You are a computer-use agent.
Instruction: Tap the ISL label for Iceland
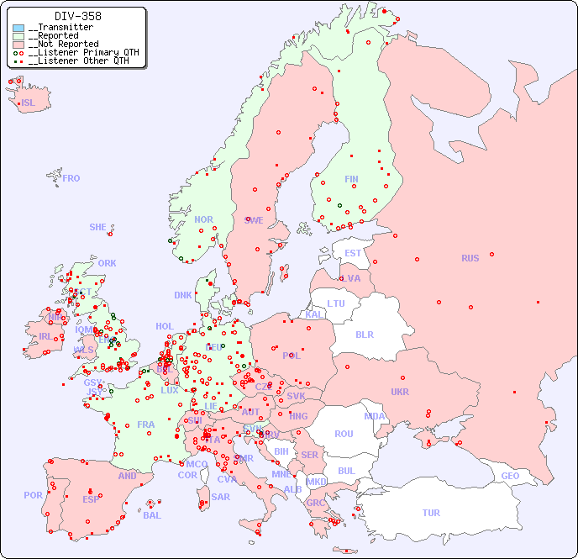pyautogui.click(x=29, y=103)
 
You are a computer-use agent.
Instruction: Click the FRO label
pyautogui.click(x=71, y=178)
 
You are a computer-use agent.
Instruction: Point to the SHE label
pyautogui.click(x=98, y=227)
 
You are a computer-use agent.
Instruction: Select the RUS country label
pyautogui.click(x=470, y=258)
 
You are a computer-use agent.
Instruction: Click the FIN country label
pyautogui.click(x=351, y=179)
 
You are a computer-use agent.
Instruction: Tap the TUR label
pyautogui.click(x=431, y=513)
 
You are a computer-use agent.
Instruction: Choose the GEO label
pyautogui.click(x=510, y=476)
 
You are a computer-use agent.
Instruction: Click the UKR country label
pyautogui.click(x=400, y=392)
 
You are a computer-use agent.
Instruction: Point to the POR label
pyautogui.click(x=33, y=495)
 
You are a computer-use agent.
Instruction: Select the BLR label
pyautogui.click(x=364, y=334)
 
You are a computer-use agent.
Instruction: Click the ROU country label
pyautogui.click(x=344, y=434)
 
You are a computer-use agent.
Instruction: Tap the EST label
pyautogui.click(x=353, y=253)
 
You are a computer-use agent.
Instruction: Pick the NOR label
pyautogui.click(x=203, y=219)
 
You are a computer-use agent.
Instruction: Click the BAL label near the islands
pyautogui.click(x=152, y=515)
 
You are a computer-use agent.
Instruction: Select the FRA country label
pyautogui.click(x=146, y=425)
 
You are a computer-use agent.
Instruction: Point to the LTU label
pyautogui.click(x=336, y=303)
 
